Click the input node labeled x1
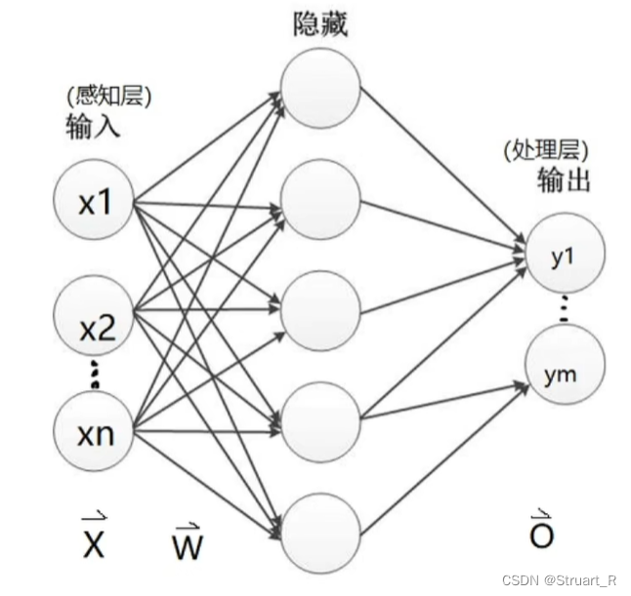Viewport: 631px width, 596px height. [95, 203]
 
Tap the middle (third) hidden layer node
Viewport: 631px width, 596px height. [319, 308]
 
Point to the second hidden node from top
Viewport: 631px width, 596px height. [319, 198]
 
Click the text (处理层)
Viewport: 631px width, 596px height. [548, 151]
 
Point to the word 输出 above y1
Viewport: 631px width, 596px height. [564, 182]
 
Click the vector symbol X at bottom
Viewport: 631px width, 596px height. [92, 540]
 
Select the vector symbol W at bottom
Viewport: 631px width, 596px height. [186, 542]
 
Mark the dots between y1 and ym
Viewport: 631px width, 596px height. [563, 310]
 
